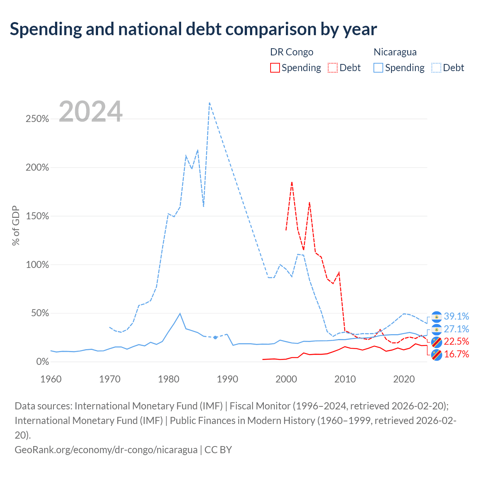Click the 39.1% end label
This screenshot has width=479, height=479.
click(x=456, y=316)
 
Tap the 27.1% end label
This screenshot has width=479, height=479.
click(x=456, y=329)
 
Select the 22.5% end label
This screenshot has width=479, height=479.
click(x=456, y=341)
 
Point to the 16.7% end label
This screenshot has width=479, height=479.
click(x=456, y=354)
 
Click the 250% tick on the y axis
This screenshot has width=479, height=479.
click(x=37, y=119)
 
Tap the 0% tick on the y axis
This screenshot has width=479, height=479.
click(x=43, y=361)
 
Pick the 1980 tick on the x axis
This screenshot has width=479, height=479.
click(x=168, y=379)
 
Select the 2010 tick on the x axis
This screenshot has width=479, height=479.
click(x=345, y=379)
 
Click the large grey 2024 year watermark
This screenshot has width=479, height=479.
click(x=91, y=112)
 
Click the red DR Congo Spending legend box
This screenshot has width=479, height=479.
click(x=275, y=68)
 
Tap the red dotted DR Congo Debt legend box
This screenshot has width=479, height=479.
click(x=333, y=68)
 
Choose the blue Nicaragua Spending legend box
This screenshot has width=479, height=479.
click(x=378, y=68)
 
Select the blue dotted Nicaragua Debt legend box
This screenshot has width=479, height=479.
click(x=436, y=68)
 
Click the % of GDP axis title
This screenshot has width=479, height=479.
click(x=16, y=226)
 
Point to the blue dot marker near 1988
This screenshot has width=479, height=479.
click(x=215, y=337)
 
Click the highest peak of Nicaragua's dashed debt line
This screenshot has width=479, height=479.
click(x=210, y=103)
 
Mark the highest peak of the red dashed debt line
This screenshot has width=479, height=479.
click(x=292, y=182)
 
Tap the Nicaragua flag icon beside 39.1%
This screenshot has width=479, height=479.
click(x=436, y=317)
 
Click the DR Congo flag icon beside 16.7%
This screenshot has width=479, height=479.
click(x=436, y=355)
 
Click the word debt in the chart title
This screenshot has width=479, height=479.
click(x=204, y=29)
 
